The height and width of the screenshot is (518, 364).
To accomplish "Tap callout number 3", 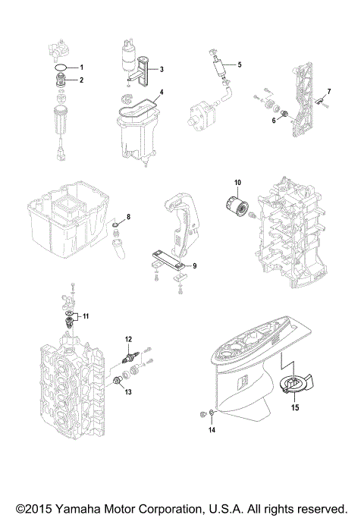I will (x=161, y=68).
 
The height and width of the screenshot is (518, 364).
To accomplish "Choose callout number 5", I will (x=239, y=64).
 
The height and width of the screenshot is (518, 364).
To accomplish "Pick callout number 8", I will (x=128, y=217).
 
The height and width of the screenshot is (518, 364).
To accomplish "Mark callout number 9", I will (x=195, y=265).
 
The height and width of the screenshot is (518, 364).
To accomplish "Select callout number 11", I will (x=86, y=315).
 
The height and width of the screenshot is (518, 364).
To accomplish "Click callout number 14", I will (x=212, y=430).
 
